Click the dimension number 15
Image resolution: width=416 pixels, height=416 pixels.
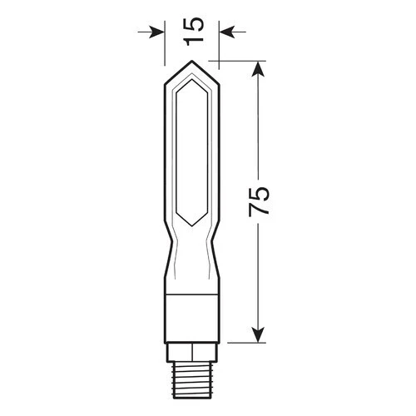[191, 31]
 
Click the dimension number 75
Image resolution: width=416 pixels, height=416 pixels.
[260, 202]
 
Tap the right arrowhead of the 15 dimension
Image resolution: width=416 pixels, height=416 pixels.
[223, 32]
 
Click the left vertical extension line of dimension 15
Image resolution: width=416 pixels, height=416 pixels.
[164, 46]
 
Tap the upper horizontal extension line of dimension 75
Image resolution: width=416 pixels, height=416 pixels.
[241, 62]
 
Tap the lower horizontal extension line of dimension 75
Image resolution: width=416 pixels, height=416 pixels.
[241, 343]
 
